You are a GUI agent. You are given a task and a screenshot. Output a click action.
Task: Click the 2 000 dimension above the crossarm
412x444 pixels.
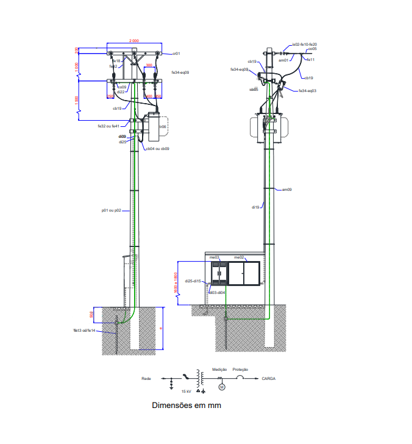pos(133,40)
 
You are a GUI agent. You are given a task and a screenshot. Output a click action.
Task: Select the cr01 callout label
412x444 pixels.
pos(176,54)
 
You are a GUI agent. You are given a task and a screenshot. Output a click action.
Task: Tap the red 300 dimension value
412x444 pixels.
pos(149,65)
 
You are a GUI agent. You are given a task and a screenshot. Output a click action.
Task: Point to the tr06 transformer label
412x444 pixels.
pos(163,127)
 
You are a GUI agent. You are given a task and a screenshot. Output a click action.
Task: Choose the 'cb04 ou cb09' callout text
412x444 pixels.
pos(157,148)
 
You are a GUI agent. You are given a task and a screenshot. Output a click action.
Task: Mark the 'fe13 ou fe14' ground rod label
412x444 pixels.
pos(84,331)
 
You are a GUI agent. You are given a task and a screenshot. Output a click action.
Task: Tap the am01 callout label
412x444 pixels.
pos(283,60)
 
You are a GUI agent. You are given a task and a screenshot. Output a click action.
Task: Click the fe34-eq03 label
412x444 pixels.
pos(307,91)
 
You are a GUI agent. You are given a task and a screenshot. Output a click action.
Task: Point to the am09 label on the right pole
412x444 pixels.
pos(286,190)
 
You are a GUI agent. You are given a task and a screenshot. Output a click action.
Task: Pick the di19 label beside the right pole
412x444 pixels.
pos(256,207)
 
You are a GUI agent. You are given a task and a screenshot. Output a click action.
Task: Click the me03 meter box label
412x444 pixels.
pos(215,257)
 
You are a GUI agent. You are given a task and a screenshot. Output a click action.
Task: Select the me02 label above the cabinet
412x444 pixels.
pos(239,257)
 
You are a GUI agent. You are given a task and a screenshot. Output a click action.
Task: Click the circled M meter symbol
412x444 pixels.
pos(222,387)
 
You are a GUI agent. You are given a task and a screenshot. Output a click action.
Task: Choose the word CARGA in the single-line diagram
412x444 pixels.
pos(269,379)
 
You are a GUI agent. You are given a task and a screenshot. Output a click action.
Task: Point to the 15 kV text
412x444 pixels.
pos(186,390)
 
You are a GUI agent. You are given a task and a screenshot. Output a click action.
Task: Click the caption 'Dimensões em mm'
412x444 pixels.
pos(186,405)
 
